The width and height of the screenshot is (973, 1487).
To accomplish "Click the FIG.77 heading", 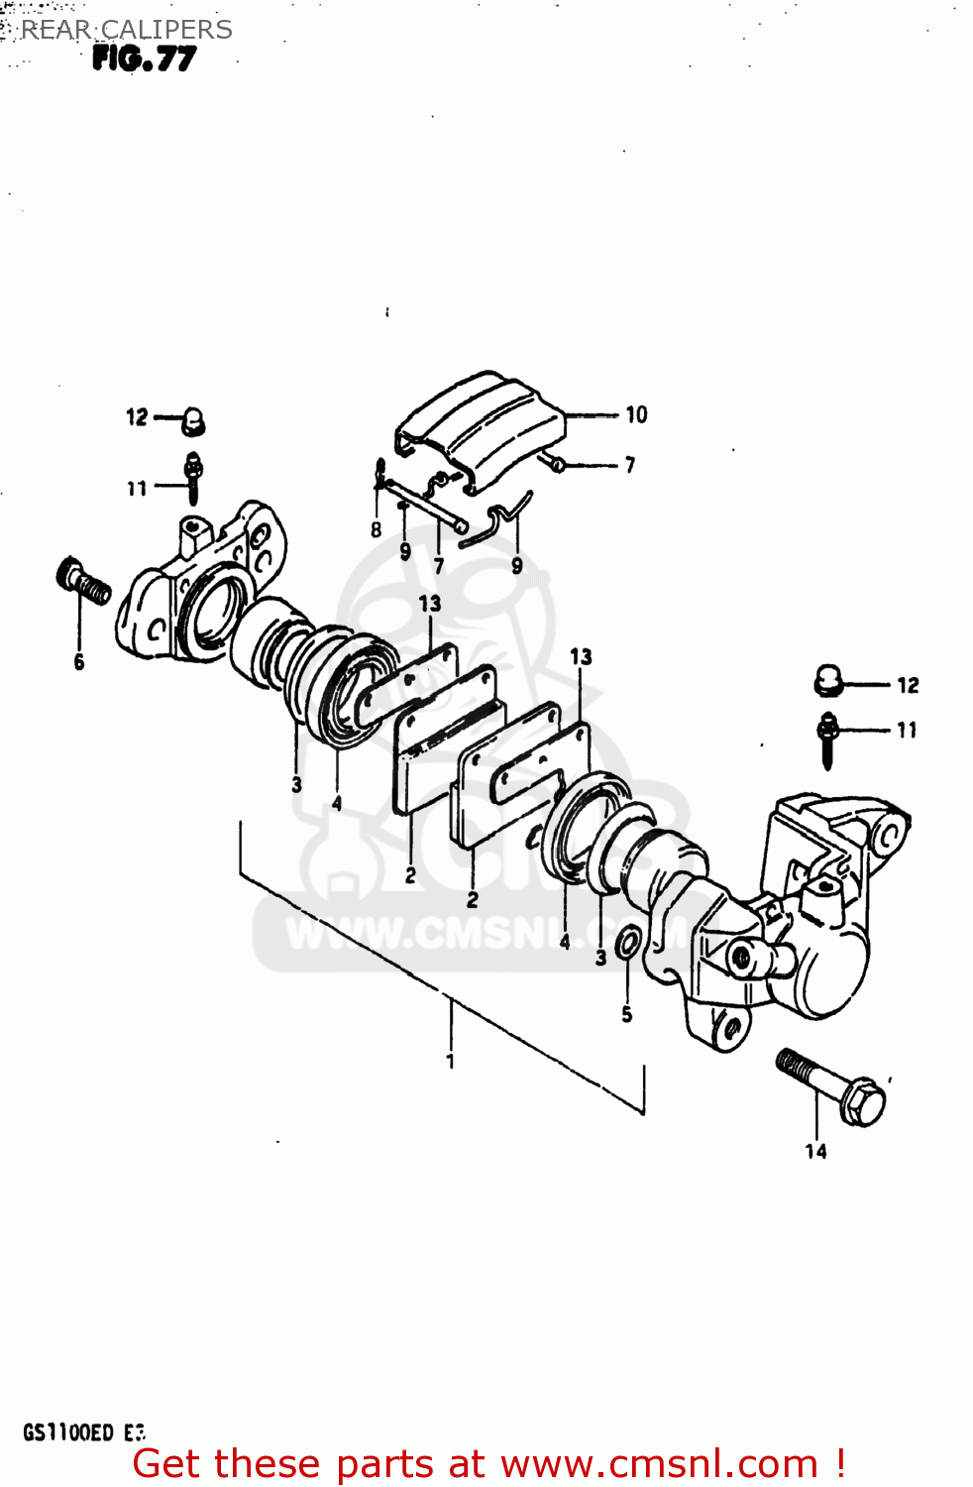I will pyautogui.click(x=145, y=59).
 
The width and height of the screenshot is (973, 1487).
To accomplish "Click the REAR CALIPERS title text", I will pyautogui.click(x=127, y=30).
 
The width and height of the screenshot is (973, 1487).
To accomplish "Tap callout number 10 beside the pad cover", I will pyautogui.click(x=636, y=414).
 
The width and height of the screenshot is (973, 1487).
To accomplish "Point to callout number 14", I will pyautogui.click(x=815, y=1151).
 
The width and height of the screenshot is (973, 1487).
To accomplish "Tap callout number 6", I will pyautogui.click(x=79, y=662).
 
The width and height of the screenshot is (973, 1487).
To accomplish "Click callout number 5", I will pyautogui.click(x=626, y=1014).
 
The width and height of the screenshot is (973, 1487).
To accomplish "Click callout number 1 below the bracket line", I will pyautogui.click(x=451, y=1061).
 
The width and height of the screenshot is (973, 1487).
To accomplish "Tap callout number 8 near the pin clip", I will pyautogui.click(x=377, y=530).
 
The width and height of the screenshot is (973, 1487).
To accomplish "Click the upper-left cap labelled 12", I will pyautogui.click(x=193, y=421).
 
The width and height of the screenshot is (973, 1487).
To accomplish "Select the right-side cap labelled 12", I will pyautogui.click(x=827, y=681).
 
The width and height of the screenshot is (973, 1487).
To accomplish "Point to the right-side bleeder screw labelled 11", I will pyautogui.click(x=828, y=739).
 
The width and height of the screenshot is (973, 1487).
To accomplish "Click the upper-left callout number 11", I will pyautogui.click(x=137, y=488).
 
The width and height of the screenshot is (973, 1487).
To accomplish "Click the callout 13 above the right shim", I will pyautogui.click(x=581, y=656).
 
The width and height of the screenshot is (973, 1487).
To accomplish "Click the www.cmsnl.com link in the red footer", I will pyautogui.click(x=659, y=1464).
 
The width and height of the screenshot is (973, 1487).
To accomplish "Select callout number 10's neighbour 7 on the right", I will pyautogui.click(x=630, y=464).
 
